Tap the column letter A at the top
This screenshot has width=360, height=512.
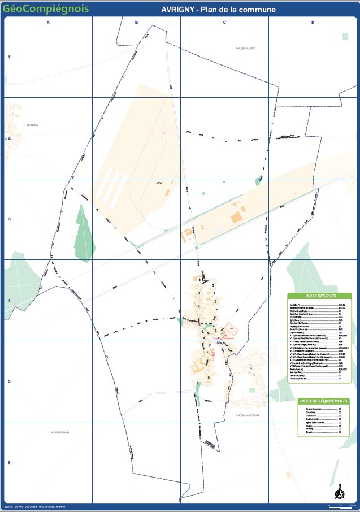tap(48, 22)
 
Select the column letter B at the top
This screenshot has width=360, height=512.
tap(136, 22)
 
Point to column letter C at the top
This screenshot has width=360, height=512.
tap(224, 22)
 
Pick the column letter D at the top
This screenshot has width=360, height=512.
tap(313, 22)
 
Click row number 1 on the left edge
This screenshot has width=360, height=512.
tap(9, 57)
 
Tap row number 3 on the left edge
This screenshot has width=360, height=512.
tap(9, 219)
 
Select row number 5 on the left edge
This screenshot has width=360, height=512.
tap(9, 381)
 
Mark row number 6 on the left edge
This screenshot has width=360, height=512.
tap(9, 462)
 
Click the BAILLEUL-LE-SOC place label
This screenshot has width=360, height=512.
tap(246, 48)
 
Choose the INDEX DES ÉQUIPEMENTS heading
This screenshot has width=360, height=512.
tap(321, 401)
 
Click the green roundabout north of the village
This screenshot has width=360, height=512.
tap(197, 247)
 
